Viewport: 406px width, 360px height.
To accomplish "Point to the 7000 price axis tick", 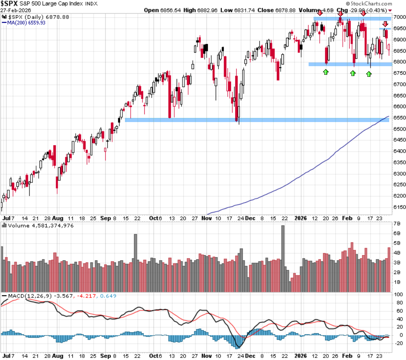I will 399,17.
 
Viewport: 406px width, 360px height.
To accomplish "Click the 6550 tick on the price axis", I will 399,118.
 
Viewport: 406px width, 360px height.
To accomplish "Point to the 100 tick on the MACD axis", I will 398,295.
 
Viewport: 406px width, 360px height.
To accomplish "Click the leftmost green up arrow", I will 326,72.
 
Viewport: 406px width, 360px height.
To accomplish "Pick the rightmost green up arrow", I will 369,74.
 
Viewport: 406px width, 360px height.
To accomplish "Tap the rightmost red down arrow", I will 385,24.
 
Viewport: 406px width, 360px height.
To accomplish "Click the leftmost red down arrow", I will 320,14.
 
